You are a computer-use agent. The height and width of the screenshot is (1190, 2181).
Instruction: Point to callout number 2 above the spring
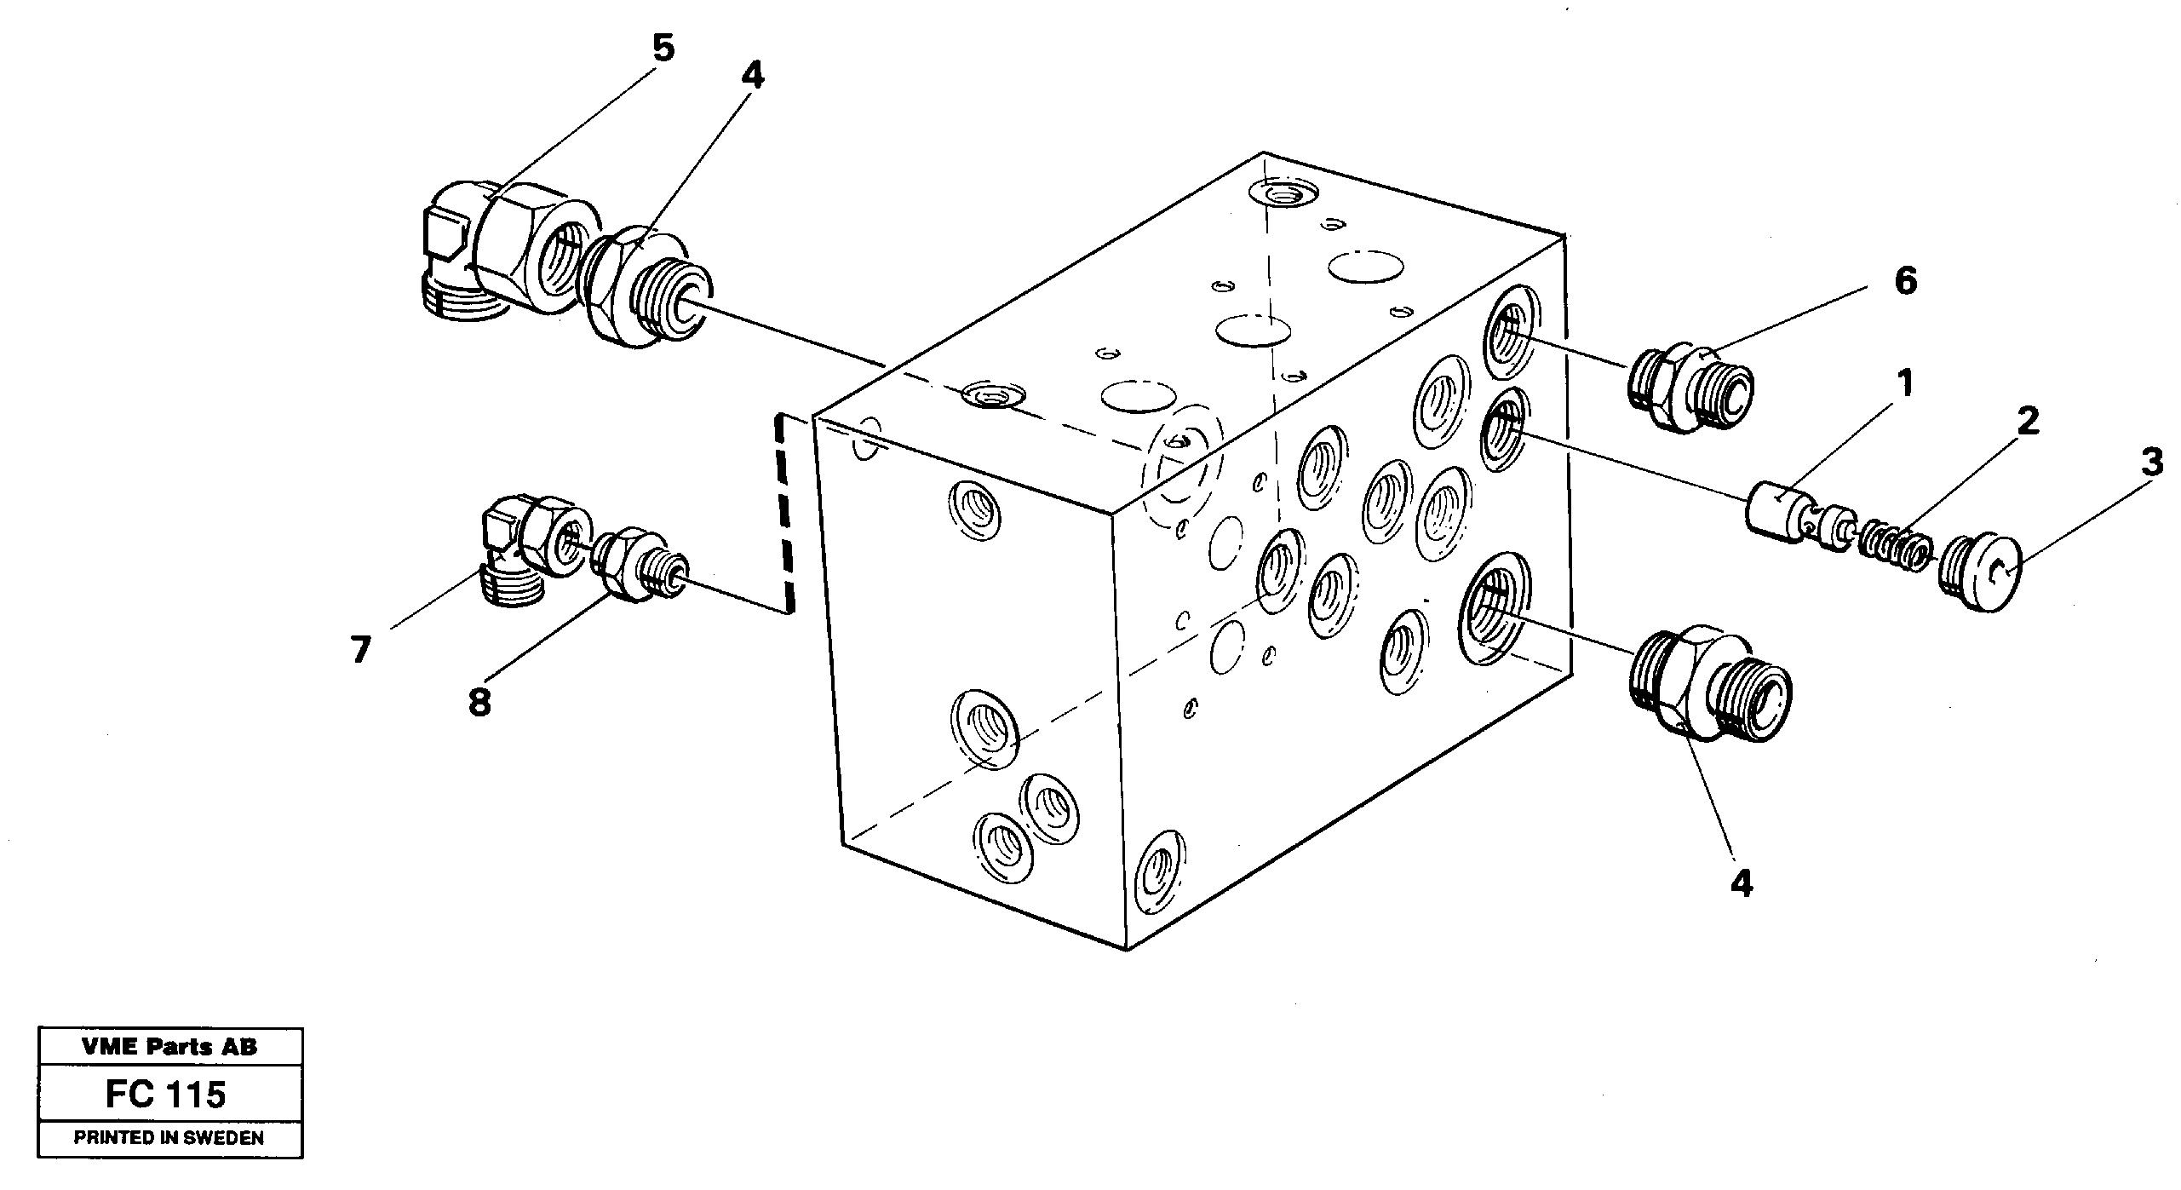(x=2028, y=421)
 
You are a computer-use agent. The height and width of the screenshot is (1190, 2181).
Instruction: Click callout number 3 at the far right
(x=2151, y=463)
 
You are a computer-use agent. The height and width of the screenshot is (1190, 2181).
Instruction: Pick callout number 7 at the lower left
(x=360, y=650)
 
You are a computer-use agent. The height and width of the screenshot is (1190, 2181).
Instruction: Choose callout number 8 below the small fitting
(x=479, y=703)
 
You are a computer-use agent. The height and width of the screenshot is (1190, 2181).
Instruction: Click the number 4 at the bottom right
(x=1742, y=884)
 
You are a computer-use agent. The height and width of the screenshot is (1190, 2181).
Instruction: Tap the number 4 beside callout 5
(x=751, y=76)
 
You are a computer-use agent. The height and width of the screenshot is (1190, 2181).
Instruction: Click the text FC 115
(x=166, y=1095)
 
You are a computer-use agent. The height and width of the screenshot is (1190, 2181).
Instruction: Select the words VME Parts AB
(x=169, y=1047)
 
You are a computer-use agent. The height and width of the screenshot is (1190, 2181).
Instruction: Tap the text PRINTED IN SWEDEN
(x=169, y=1138)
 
